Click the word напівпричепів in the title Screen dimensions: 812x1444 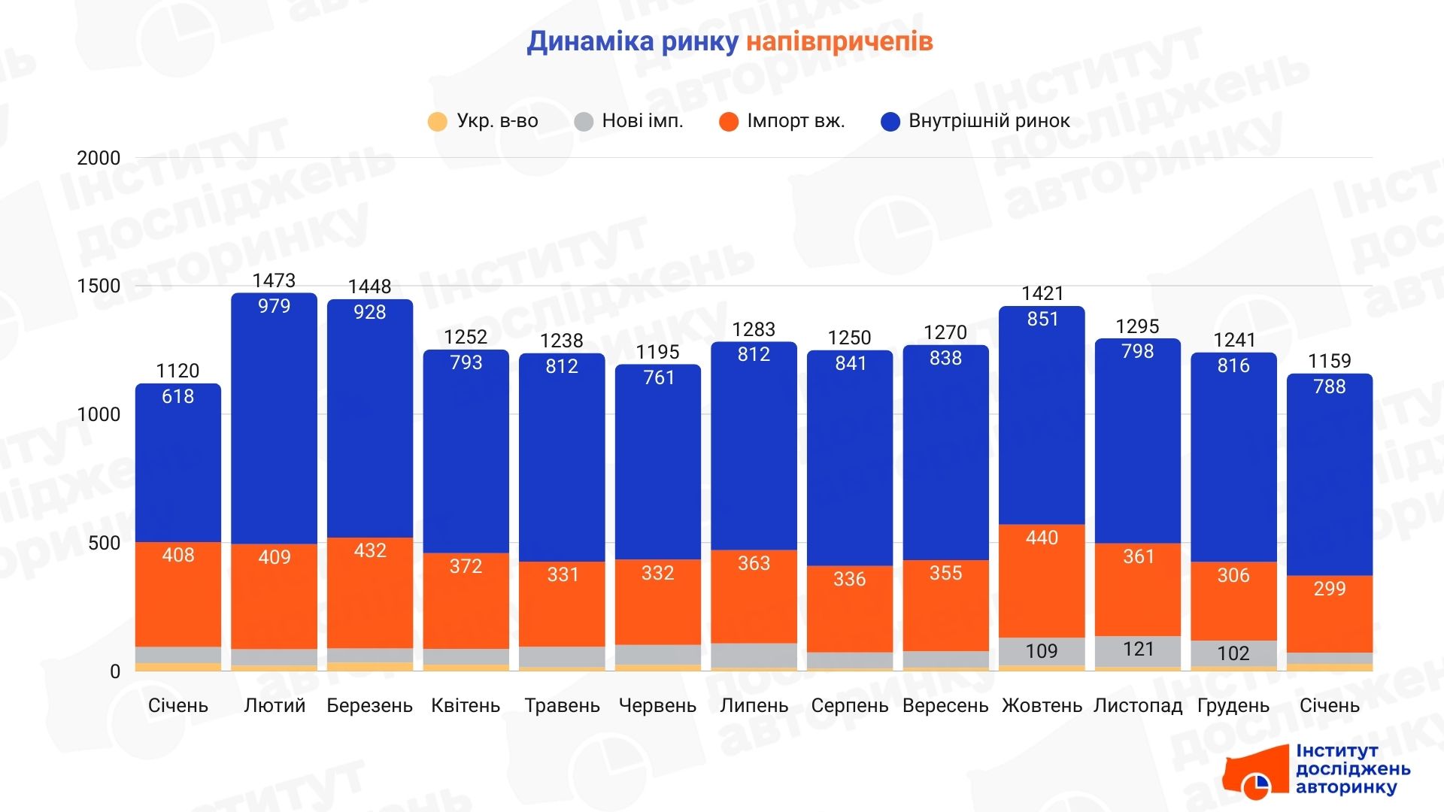(x=839, y=41)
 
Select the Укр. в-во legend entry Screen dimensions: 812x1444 (x=483, y=121)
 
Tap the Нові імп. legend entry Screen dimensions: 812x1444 (x=629, y=121)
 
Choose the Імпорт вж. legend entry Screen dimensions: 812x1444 (x=782, y=121)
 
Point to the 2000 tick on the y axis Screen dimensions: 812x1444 (x=99, y=158)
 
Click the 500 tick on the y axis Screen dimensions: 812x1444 (x=104, y=543)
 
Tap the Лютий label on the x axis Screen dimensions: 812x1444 (x=275, y=705)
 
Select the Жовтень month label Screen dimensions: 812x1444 (x=1042, y=705)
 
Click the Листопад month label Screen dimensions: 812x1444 (x=1137, y=705)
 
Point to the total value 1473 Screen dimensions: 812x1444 (x=274, y=280)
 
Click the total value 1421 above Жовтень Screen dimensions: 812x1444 (x=1042, y=293)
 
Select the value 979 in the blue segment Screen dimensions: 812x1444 (x=274, y=306)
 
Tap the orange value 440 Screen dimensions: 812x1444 (x=1042, y=538)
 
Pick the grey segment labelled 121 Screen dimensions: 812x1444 (x=1138, y=650)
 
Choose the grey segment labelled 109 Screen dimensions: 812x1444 (x=1042, y=651)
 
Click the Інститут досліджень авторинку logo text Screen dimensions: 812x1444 (x=1352, y=769)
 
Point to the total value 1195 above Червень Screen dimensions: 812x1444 (x=657, y=352)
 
